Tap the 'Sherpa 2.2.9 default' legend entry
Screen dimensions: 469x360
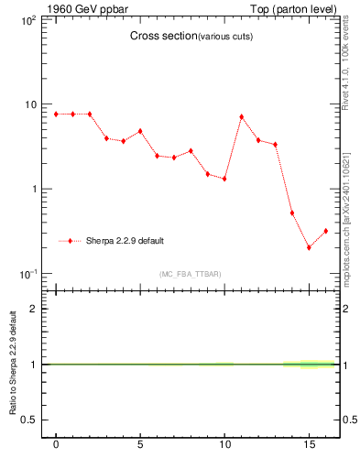125,241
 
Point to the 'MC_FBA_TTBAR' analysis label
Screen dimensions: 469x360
190,274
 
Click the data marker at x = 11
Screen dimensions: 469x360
241,116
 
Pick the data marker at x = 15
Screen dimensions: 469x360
309,247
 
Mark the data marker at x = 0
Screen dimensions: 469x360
56,114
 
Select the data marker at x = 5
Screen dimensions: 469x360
140,131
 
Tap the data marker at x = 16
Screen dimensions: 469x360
325,231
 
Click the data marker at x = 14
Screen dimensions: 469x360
291,213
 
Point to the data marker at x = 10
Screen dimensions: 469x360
224,179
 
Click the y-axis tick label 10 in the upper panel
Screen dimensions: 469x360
30,104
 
